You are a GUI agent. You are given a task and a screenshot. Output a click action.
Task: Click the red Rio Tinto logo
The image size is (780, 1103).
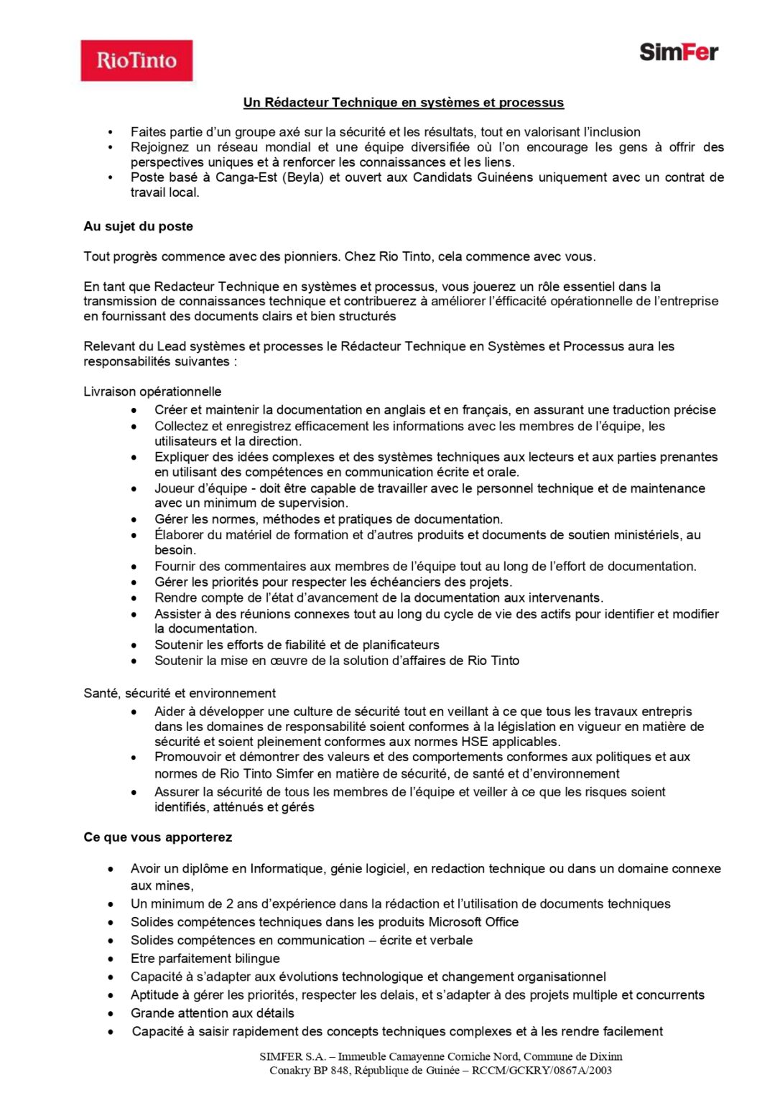pyautogui.click(x=136, y=60)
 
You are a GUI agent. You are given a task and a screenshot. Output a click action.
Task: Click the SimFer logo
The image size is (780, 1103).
pyautogui.click(x=678, y=52)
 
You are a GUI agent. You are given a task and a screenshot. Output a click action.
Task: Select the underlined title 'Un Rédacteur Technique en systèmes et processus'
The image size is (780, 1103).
pyautogui.click(x=403, y=103)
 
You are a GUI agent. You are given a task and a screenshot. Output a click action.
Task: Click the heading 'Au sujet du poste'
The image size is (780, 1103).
pyautogui.click(x=138, y=226)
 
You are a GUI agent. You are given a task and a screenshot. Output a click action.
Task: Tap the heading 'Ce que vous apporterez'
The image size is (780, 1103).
pyautogui.click(x=157, y=837)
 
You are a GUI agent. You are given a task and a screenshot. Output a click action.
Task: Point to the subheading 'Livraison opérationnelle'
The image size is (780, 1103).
pyautogui.click(x=152, y=391)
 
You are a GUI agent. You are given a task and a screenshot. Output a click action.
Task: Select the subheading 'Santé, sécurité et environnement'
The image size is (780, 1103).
pyautogui.click(x=180, y=693)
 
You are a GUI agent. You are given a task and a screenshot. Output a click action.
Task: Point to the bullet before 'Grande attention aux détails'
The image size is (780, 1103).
pyautogui.click(x=111, y=1014)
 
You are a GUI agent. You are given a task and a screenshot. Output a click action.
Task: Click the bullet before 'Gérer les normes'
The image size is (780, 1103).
pyautogui.click(x=134, y=519)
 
